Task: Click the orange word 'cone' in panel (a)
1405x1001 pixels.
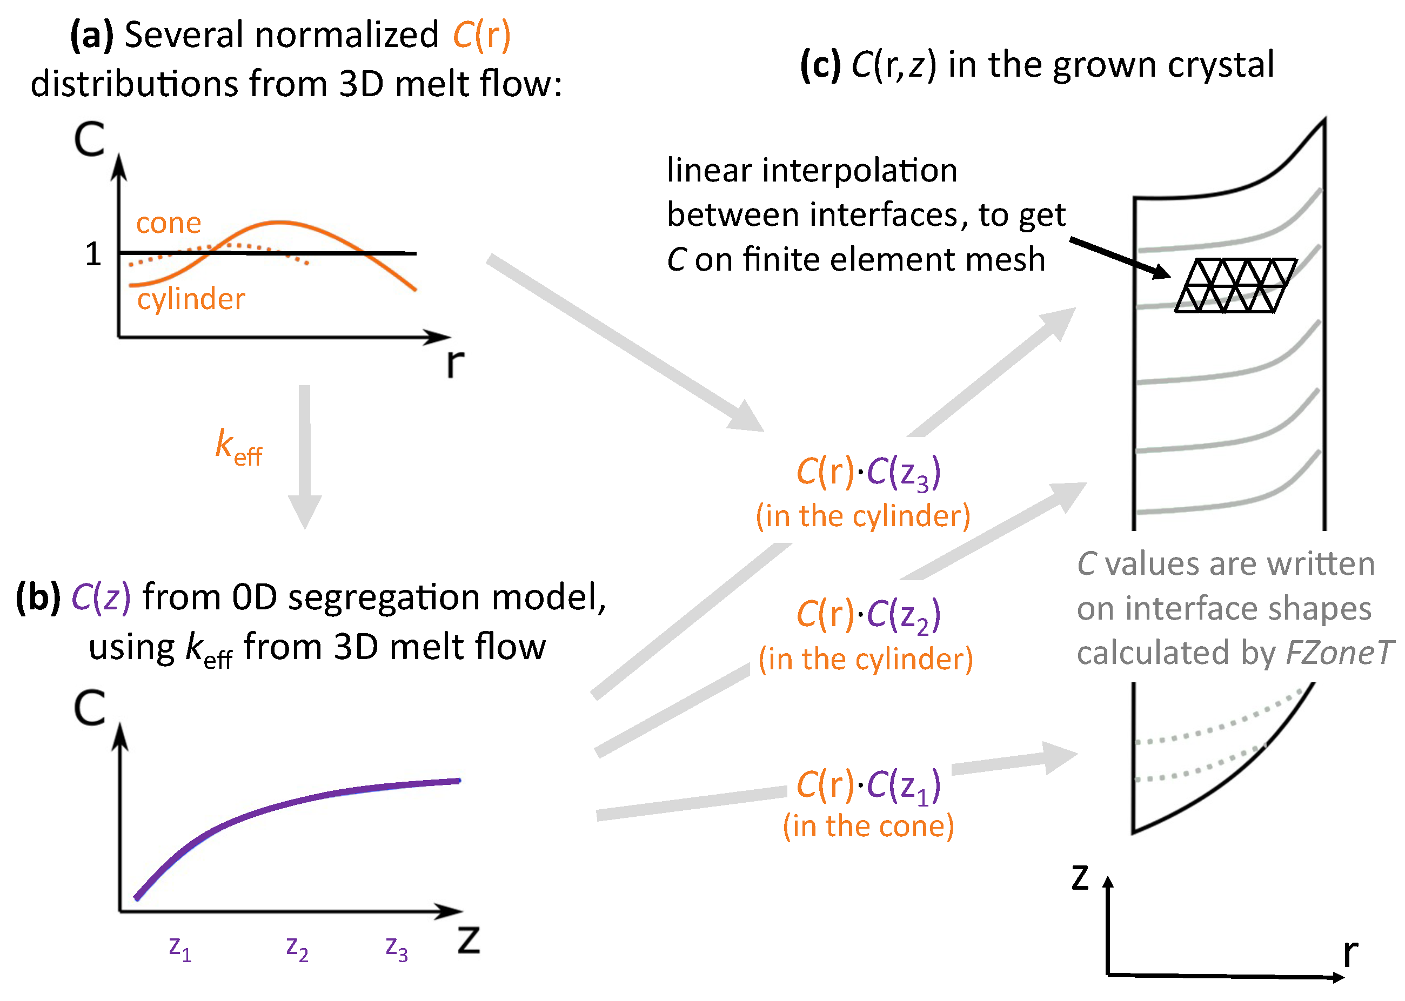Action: coord(168,223)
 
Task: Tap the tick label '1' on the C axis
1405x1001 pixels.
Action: coord(93,254)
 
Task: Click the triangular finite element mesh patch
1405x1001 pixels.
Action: coord(1235,285)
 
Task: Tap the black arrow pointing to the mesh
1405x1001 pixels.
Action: coord(1120,258)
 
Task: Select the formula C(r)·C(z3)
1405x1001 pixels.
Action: coord(868,473)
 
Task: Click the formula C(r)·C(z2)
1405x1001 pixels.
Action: coord(868,615)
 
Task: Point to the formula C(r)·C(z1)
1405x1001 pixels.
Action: coord(868,786)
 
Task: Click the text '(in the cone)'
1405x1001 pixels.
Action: coord(868,826)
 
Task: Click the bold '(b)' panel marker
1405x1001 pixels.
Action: coord(38,598)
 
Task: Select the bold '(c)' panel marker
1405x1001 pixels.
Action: coord(820,65)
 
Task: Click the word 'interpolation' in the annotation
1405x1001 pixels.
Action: coord(859,170)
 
